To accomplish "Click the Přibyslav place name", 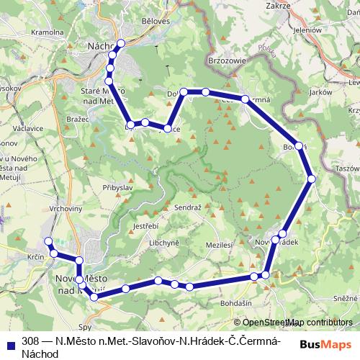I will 115,185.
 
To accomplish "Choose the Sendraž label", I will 188,207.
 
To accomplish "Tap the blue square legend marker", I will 9,341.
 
